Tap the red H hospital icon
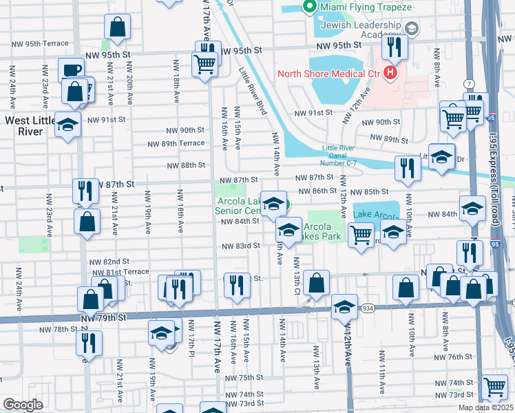click(x=391, y=72)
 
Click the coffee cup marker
click(x=71, y=70)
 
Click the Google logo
click(x=23, y=405)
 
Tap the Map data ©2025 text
click(x=485, y=407)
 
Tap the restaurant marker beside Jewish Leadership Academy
click(x=395, y=47)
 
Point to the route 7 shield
click(x=468, y=83)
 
